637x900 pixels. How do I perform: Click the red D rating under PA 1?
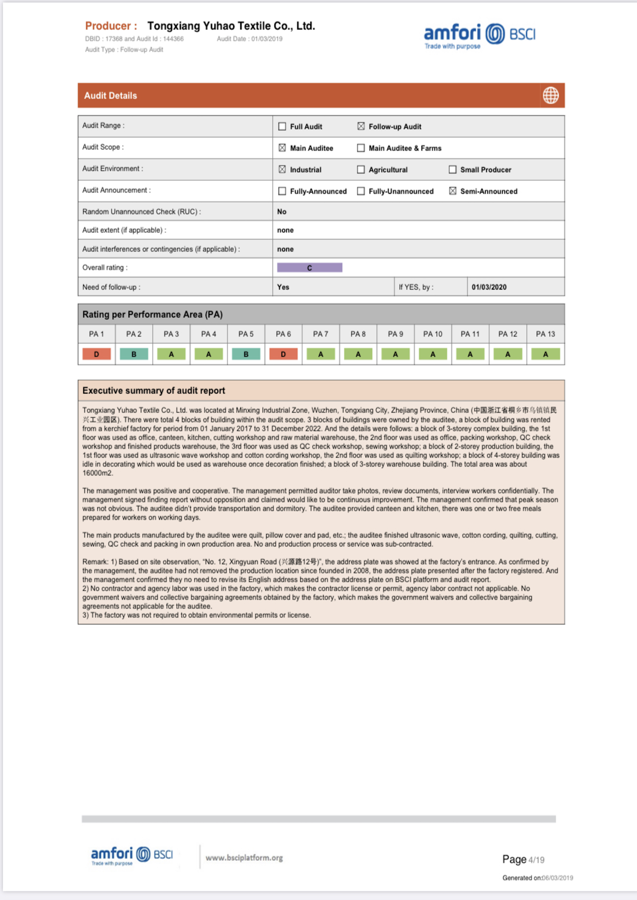[97, 354]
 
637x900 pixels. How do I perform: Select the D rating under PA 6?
[283, 354]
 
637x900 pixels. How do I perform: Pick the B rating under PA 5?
[246, 354]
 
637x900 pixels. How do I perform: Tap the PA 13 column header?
[545, 334]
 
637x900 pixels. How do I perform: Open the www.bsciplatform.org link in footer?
[244, 858]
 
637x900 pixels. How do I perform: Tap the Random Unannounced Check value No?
[282, 212]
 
